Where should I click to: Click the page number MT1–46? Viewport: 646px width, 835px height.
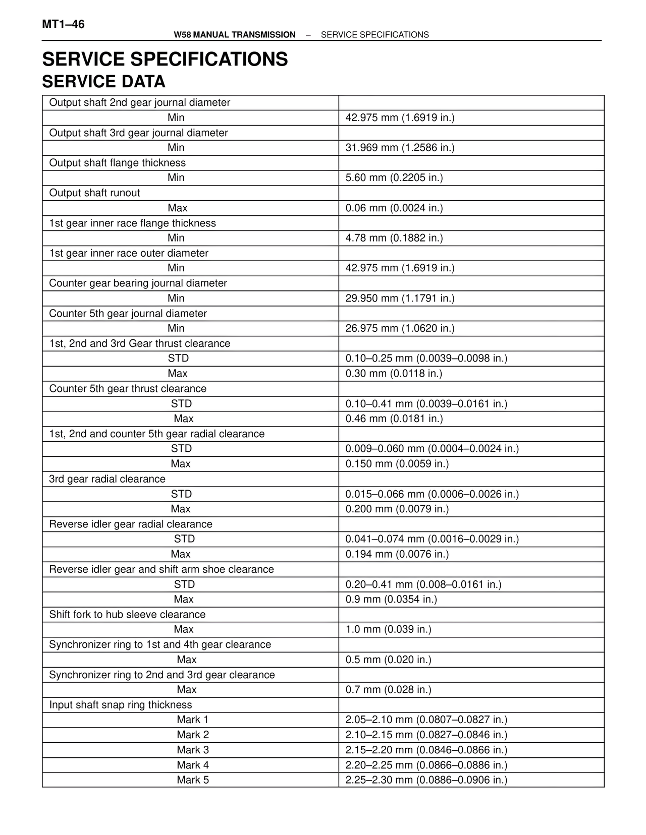tap(63, 24)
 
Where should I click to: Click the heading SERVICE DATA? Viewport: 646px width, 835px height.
tap(103, 82)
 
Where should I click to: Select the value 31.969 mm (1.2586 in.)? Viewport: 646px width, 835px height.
tap(400, 148)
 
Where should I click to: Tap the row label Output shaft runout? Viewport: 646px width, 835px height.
tap(94, 193)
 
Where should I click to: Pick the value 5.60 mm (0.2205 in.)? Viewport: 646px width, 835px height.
tap(394, 177)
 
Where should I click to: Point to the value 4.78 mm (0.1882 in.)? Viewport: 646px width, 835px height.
tap(394, 238)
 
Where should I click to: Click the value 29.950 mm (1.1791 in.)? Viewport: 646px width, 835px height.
tap(400, 298)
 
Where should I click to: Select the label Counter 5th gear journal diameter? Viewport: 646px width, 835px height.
tap(128, 314)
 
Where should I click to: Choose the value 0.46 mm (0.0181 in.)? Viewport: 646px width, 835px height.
tap(394, 419)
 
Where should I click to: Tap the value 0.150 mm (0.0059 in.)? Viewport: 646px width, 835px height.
tap(397, 464)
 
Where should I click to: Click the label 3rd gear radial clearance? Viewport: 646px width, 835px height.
tap(107, 479)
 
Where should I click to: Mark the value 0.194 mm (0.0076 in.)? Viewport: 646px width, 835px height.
tap(397, 554)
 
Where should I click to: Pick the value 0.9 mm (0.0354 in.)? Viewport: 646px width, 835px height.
tap(391, 599)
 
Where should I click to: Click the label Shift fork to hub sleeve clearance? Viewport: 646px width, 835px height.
tap(127, 615)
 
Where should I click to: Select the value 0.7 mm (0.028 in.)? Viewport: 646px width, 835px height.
tap(388, 689)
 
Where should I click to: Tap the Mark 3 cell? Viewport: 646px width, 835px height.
tap(193, 750)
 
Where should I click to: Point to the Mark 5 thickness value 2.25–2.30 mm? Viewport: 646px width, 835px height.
tap(426, 780)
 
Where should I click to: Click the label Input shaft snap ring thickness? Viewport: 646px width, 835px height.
tap(121, 705)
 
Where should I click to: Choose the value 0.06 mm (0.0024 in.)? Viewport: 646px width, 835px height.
tap(394, 208)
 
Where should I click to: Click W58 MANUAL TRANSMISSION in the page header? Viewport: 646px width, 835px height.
tap(234, 35)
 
